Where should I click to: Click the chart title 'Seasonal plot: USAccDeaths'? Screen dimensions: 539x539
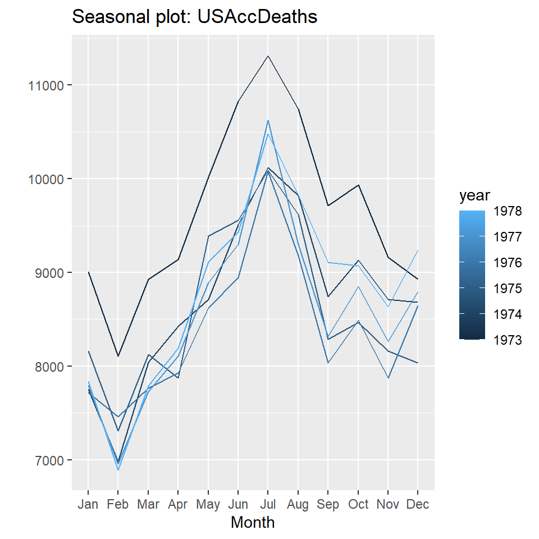195,17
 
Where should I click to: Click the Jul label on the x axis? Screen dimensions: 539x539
268,504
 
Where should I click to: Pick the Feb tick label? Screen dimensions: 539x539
118,504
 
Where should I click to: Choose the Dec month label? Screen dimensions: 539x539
418,504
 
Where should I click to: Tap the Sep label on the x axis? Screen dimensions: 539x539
328,504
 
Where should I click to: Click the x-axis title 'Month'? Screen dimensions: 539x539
253,523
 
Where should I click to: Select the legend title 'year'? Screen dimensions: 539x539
475,196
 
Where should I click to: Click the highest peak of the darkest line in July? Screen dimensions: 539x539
268,56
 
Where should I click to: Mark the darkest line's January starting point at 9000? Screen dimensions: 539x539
88,272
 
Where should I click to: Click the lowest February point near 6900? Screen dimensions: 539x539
118,469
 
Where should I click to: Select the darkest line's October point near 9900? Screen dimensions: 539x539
358,185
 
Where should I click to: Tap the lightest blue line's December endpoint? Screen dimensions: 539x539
418,250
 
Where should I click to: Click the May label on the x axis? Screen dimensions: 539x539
208,504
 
